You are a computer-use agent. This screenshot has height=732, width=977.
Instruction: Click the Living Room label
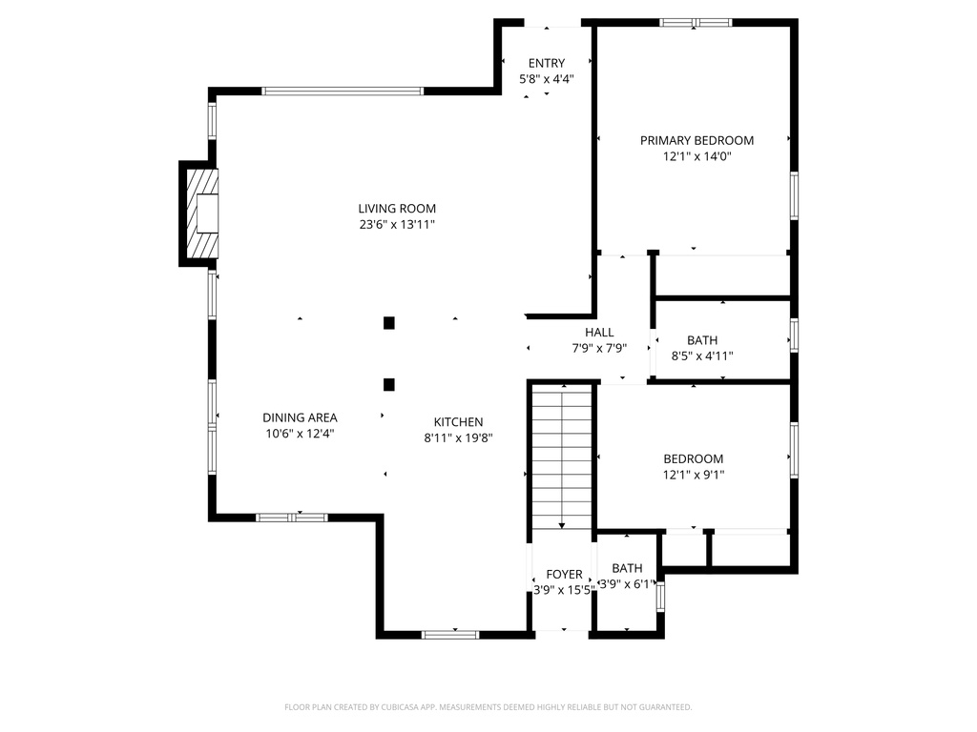397,209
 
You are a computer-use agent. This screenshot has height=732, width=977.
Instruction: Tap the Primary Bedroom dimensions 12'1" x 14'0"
696,156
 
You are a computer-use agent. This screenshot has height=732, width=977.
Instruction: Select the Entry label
547,63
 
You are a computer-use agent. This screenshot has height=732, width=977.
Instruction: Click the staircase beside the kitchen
562,457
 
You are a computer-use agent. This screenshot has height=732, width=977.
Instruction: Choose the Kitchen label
459,422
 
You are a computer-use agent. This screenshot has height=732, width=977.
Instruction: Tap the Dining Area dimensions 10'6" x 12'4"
300,434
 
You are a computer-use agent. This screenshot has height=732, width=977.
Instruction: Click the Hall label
599,333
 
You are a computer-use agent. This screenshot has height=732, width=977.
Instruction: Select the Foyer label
565,574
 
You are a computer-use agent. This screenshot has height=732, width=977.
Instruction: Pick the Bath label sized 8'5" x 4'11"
702,340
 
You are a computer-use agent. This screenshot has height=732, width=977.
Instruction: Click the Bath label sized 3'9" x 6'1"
627,568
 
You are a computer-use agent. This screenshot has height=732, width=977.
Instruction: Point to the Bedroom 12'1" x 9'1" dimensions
694,475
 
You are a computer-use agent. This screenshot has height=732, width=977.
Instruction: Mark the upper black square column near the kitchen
389,323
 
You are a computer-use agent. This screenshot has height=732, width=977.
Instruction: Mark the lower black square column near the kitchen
389,385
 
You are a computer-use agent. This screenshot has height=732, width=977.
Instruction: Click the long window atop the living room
343,91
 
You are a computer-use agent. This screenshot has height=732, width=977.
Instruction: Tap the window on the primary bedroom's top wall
696,23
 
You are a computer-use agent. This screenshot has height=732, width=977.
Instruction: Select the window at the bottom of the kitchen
450,635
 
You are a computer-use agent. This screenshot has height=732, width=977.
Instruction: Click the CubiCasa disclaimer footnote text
488,707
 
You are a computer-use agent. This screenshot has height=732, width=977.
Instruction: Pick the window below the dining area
292,518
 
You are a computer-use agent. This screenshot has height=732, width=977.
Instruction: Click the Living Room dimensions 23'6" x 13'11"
397,225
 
